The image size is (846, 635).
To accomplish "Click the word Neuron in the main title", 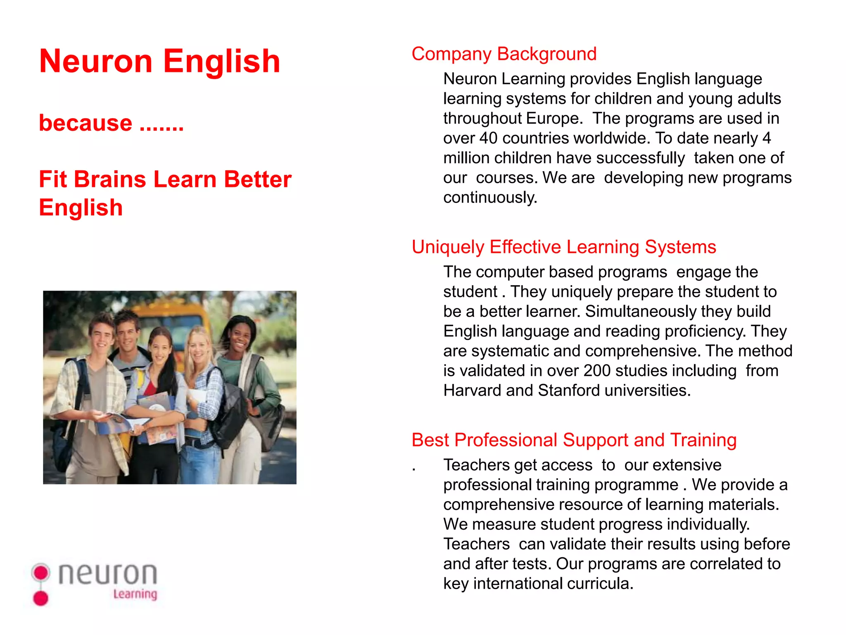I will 96,61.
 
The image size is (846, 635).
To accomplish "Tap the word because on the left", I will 86,123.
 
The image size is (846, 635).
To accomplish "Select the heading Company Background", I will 504,54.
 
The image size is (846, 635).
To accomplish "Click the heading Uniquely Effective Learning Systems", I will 564,247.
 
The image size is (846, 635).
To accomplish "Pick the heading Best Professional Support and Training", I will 574,440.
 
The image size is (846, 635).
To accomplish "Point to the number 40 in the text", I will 488,138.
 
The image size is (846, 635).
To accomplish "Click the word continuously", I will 490,198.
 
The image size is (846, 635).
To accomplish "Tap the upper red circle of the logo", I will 41,573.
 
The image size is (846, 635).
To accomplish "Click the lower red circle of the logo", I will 41,598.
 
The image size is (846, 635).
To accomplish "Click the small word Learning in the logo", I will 135,594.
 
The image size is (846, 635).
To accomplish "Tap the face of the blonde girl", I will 198,348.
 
